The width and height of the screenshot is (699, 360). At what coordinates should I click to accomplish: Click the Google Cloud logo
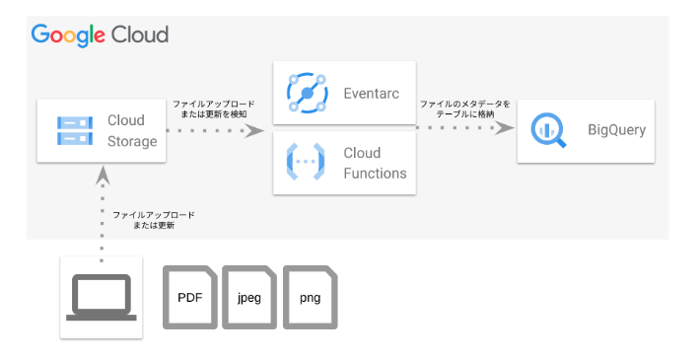point(100,36)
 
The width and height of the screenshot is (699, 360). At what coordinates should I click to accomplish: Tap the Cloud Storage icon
point(75,131)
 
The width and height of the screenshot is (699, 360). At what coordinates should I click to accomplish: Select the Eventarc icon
point(308,93)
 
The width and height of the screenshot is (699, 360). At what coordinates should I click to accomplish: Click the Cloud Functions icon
point(306,162)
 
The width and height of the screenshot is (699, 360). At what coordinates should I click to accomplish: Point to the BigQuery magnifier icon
point(548,130)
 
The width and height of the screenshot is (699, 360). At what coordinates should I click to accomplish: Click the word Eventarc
point(371,94)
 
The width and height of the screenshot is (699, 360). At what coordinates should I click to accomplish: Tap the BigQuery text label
point(616,130)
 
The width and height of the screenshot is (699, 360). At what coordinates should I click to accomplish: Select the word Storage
point(132,141)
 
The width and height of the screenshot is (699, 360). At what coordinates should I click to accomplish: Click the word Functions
point(375,173)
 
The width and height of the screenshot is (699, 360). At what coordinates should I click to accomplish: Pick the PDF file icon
point(190,298)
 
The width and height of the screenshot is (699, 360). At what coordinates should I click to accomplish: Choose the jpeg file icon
point(249,298)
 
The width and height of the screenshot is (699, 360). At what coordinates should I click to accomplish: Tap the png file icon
point(311,298)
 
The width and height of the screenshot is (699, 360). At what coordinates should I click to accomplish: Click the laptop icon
point(102,297)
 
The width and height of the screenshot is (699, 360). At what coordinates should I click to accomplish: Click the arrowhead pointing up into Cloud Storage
point(103,176)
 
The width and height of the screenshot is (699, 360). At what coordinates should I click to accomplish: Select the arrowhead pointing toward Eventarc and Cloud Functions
point(254,131)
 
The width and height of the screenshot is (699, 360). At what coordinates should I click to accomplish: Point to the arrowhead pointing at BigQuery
point(505,128)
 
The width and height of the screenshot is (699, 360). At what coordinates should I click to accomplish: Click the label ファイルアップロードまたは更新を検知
point(214,109)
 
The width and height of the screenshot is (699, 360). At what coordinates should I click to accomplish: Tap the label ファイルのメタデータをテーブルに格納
point(465,109)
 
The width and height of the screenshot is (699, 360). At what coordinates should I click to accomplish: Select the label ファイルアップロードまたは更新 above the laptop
point(154,220)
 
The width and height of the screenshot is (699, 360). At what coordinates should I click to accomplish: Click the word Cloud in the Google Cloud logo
point(140,35)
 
